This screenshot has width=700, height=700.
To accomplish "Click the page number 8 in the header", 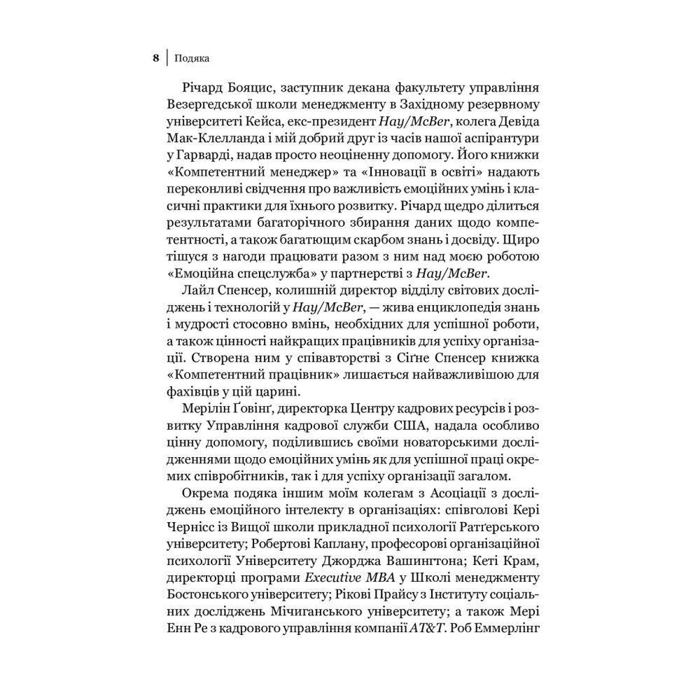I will click(x=155, y=57).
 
